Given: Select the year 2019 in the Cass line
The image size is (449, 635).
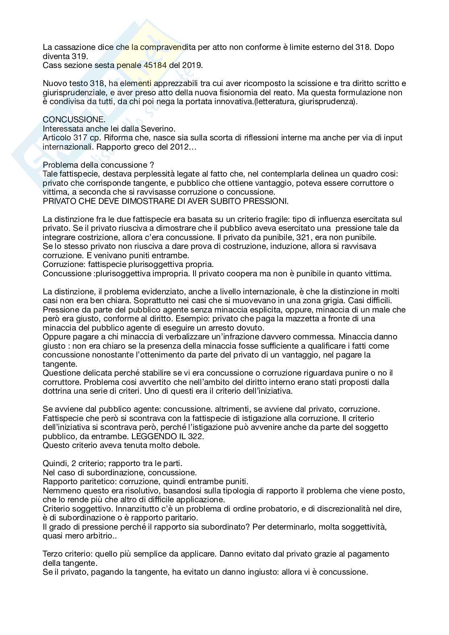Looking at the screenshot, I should [193, 65].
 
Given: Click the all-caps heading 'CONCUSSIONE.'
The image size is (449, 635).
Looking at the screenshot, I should [69, 120].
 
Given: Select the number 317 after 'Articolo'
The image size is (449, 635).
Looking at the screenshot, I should [82, 138].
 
